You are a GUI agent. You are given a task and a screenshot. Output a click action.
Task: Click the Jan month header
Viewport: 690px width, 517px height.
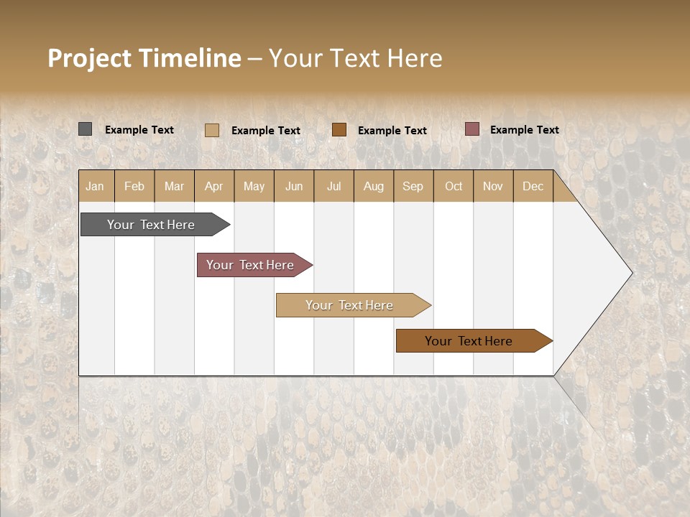click(95, 186)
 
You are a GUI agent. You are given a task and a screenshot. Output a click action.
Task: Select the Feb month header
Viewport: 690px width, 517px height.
click(134, 186)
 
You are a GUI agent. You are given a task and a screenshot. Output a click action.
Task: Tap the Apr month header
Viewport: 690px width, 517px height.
click(213, 186)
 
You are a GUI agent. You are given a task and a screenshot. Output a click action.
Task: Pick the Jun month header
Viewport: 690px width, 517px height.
click(294, 186)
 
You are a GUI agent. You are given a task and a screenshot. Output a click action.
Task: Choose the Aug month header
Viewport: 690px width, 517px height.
click(373, 186)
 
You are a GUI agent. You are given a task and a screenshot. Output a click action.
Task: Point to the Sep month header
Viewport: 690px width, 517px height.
click(413, 186)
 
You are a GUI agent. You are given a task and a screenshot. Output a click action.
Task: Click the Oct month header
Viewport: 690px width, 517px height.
click(454, 186)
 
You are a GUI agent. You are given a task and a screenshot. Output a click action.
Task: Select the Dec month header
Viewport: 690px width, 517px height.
click(533, 186)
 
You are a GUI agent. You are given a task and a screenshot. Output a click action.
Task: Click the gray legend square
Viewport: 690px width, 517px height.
click(86, 129)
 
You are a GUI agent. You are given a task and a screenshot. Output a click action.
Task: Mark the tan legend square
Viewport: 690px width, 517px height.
click(212, 130)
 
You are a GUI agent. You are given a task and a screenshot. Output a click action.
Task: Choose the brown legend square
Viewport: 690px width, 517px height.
click(339, 129)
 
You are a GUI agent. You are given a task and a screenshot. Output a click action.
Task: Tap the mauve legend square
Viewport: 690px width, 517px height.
click(472, 129)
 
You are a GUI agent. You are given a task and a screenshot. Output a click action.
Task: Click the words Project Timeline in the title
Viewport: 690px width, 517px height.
click(144, 58)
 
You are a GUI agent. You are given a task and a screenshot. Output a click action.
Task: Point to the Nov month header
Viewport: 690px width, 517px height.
click(492, 186)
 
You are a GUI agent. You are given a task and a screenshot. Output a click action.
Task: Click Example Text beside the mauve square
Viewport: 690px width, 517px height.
click(524, 130)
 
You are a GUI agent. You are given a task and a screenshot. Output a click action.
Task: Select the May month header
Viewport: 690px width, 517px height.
click(254, 186)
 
